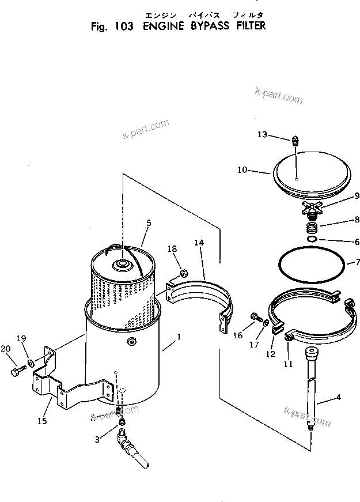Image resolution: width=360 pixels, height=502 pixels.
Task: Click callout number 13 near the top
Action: [x=262, y=134]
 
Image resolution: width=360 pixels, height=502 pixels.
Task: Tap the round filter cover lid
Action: [x=311, y=173]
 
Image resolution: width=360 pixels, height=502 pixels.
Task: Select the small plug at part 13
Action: [x=295, y=140]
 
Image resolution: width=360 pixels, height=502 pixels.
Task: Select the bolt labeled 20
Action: [x=16, y=372]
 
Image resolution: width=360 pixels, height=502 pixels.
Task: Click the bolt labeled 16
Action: [x=255, y=316]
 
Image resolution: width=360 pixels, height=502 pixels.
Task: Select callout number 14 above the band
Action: [x=199, y=243]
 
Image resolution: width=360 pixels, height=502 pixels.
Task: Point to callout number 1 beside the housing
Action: [x=179, y=335]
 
